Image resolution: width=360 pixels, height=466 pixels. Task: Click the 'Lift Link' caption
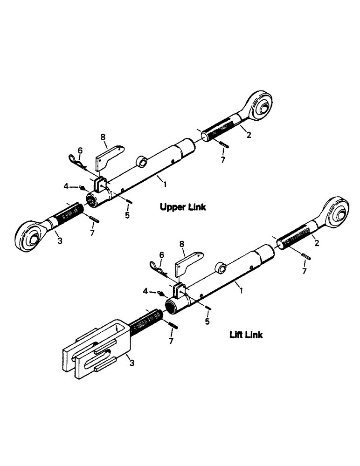[246, 335]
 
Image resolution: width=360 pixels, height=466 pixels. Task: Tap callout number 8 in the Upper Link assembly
[104, 137]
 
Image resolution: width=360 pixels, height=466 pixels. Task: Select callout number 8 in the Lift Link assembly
[182, 243]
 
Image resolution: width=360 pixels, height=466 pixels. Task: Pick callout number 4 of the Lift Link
[145, 291]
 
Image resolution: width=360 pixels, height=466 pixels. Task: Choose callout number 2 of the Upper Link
[249, 135]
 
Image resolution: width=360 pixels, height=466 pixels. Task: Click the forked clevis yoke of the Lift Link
[96, 347]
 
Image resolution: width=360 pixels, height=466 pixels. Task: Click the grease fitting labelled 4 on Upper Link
[83, 187]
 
